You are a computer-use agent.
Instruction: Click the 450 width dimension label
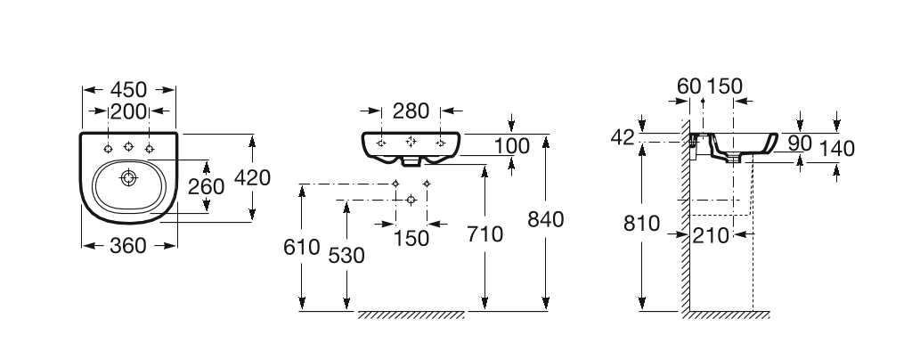128,90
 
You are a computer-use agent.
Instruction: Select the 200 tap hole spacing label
128,111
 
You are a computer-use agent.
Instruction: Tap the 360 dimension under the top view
128,246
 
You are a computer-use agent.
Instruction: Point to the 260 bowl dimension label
206,187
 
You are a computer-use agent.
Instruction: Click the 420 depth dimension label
252,177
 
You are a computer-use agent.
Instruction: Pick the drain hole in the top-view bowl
128,176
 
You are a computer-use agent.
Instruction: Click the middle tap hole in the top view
128,146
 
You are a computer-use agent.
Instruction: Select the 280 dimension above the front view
411,110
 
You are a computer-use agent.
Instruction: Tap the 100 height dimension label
511,146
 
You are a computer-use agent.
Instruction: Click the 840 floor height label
546,219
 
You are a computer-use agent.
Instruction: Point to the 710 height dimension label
485,234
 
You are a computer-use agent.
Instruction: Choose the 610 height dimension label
302,247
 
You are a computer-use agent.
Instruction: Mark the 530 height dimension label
346,256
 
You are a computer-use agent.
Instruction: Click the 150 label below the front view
411,239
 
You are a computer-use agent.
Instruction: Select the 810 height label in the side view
642,224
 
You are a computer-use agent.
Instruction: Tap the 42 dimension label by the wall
623,137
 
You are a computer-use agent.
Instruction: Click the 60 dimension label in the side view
688,86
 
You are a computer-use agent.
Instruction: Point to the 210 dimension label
711,236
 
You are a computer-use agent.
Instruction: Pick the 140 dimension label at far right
836,149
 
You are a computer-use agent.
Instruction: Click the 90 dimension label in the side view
800,143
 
